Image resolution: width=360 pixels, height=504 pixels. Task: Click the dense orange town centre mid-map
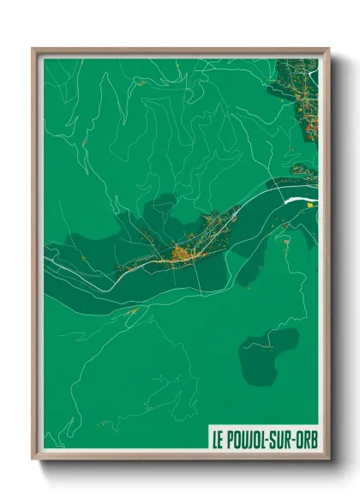tap(181, 253)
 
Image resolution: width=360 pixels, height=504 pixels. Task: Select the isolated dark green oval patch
tap(267, 356)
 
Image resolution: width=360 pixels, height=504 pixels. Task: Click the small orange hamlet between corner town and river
tap(302, 169)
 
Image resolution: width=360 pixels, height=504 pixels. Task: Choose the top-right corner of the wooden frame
tap(327, 50)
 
